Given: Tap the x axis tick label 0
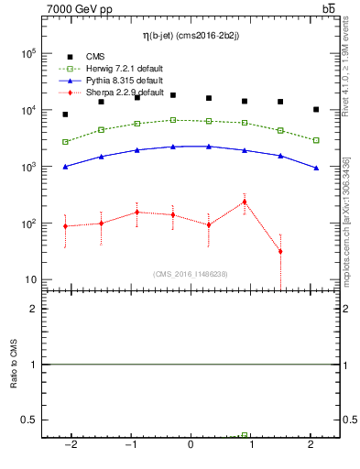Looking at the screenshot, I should (191, 445).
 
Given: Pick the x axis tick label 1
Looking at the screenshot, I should (251, 445).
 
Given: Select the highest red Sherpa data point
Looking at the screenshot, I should (245, 202).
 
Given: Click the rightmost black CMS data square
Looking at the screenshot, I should (316, 109).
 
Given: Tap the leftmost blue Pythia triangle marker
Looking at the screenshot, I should (65, 167).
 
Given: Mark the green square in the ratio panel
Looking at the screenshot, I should (245, 435).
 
